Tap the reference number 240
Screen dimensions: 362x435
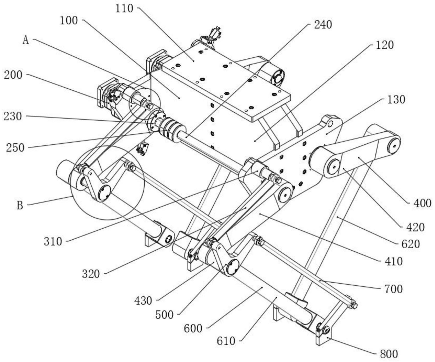pyautogui.click(x=323, y=25)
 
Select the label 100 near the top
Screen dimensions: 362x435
pyautogui.click(x=69, y=20)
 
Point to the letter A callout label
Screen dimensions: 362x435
pyautogui.click(x=26, y=40)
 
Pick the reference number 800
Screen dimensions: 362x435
pyautogui.click(x=389, y=354)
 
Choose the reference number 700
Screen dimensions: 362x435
pyautogui.click(x=393, y=289)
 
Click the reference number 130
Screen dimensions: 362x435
pyautogui.click(x=396, y=100)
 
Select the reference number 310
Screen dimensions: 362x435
pyautogui.click(x=53, y=241)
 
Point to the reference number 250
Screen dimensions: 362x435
pyautogui.click(x=15, y=148)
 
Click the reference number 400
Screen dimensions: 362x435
pyautogui.click(x=422, y=204)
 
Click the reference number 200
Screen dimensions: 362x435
pyautogui.click(x=13, y=75)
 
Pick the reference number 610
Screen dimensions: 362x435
pyautogui.click(x=226, y=341)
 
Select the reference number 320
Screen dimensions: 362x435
pyautogui.click(x=91, y=274)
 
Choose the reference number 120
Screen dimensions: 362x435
pyautogui.click(x=385, y=45)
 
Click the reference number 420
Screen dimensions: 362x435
pyautogui.click(x=415, y=227)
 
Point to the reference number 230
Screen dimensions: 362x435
pyautogui.click(x=13, y=116)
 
